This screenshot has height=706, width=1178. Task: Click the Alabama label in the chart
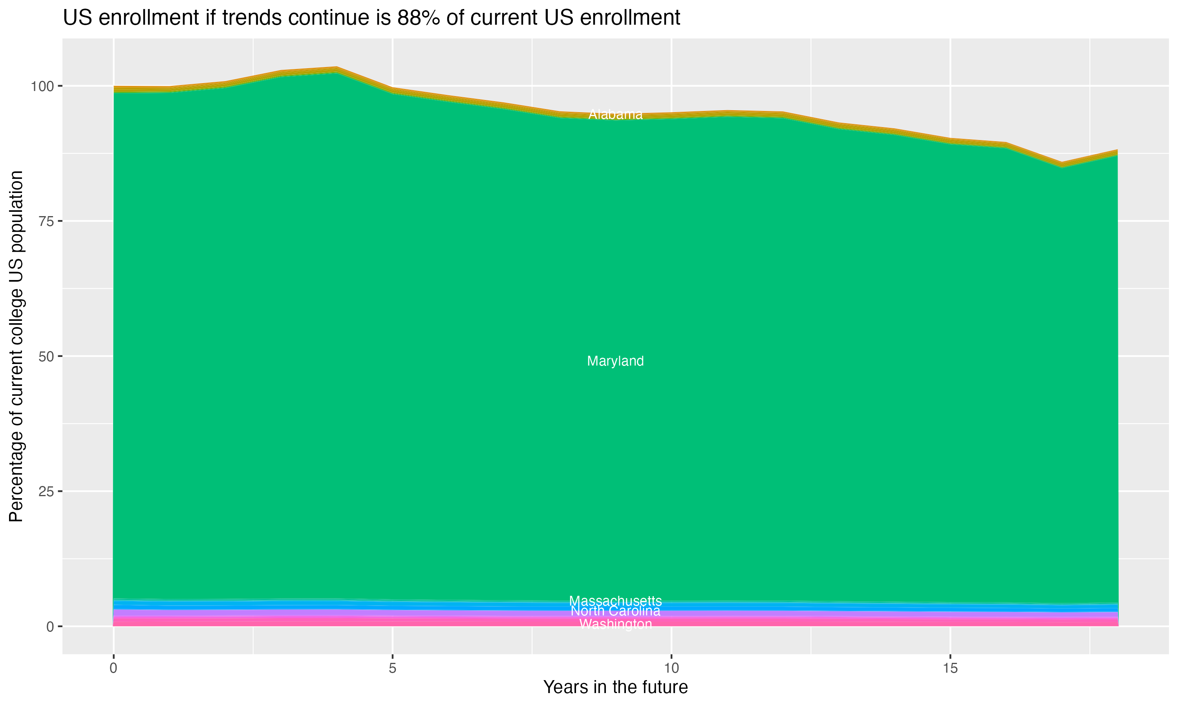[615, 115]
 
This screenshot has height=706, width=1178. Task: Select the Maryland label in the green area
[615, 361]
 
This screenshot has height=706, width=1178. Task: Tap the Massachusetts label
[615, 601]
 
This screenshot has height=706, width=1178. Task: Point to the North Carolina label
[615, 611]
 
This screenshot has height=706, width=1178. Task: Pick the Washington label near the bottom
[615, 624]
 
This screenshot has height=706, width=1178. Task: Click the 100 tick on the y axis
[43, 86]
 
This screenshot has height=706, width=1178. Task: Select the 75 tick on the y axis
[47, 221]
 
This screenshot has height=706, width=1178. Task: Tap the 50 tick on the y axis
[47, 356]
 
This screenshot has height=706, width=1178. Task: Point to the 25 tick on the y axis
[47, 491]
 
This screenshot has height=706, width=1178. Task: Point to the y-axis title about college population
[16, 346]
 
